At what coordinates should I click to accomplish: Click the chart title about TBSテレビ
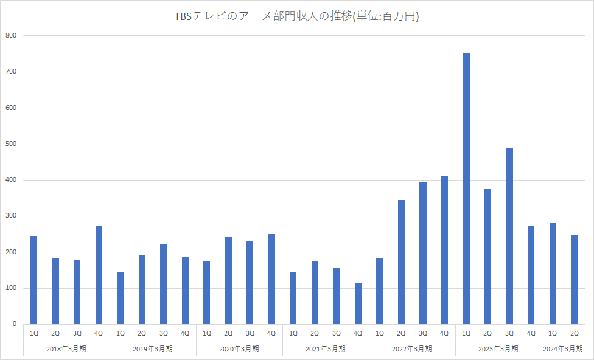tap(297, 17)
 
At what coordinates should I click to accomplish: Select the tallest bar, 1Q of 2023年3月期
tap(466, 189)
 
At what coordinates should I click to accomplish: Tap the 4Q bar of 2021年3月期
tap(358, 303)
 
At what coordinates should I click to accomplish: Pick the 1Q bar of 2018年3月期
tap(34, 280)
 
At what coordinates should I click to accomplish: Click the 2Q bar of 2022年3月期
tap(401, 262)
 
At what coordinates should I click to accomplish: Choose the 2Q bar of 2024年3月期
tap(574, 279)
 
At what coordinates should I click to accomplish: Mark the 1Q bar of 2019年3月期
tap(121, 298)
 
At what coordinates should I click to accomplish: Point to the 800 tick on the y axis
tap(12, 36)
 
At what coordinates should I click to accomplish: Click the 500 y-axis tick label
tap(12, 144)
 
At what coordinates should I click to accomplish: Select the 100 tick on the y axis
tap(12, 288)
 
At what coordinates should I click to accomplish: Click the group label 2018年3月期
tap(66, 349)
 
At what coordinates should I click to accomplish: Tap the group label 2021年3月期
tap(326, 349)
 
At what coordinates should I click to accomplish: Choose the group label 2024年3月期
tap(563, 349)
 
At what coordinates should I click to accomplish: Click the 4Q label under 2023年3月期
tap(531, 333)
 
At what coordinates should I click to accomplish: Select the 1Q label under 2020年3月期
tap(207, 333)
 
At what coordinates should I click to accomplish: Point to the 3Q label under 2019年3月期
tap(164, 333)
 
